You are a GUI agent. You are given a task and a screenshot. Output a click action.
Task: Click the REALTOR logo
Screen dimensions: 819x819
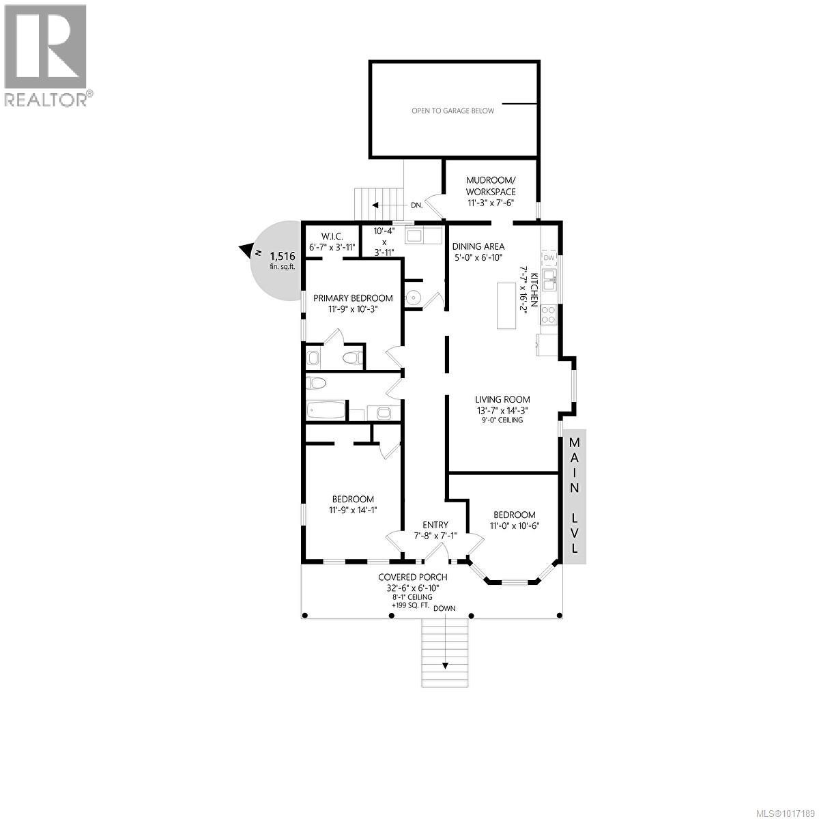click(x=46, y=55)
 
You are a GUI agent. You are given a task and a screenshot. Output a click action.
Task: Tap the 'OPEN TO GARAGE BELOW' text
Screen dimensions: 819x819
click(x=452, y=111)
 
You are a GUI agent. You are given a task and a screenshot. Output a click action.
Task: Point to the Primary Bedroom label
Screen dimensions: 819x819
click(x=353, y=298)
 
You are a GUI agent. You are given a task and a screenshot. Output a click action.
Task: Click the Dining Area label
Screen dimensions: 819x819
click(x=478, y=246)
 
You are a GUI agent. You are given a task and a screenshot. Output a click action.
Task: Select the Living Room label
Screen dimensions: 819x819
click(x=502, y=400)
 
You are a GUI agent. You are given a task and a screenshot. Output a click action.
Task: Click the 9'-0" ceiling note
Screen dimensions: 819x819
click(x=502, y=420)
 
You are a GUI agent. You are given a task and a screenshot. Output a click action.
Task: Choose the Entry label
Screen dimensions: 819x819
click(x=435, y=525)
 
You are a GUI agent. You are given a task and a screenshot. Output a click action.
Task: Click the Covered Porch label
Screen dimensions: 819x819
click(x=413, y=577)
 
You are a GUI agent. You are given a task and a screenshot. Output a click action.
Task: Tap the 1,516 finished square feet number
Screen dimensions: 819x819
click(x=283, y=256)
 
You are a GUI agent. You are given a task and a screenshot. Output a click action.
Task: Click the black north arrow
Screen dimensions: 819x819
click(x=244, y=251)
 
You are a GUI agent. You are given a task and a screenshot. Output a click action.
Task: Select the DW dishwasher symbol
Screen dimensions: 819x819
click(x=549, y=258)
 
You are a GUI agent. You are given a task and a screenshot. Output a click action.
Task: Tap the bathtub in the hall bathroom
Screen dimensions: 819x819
click(x=326, y=411)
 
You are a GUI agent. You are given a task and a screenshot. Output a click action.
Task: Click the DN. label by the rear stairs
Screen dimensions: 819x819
click(x=417, y=205)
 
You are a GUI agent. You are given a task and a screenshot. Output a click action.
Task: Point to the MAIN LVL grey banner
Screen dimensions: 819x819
click(x=575, y=495)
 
